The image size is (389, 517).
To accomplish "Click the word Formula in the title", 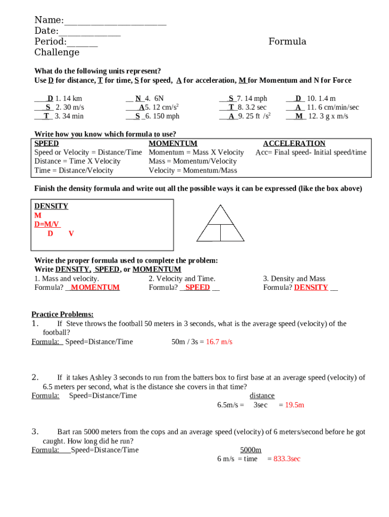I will click(287, 41).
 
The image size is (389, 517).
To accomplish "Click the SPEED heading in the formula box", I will click(46, 143).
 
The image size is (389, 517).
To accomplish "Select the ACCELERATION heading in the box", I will click(294, 143).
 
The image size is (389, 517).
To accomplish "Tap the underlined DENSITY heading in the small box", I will click(51, 206).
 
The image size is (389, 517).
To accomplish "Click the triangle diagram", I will click(220, 223).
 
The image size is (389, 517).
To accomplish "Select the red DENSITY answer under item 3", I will click(311, 287).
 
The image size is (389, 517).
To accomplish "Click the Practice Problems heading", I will click(62, 314).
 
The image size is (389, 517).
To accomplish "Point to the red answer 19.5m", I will click(295, 405).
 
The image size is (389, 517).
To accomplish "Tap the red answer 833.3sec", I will click(286, 459).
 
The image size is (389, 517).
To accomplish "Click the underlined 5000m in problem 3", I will click(251, 450).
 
